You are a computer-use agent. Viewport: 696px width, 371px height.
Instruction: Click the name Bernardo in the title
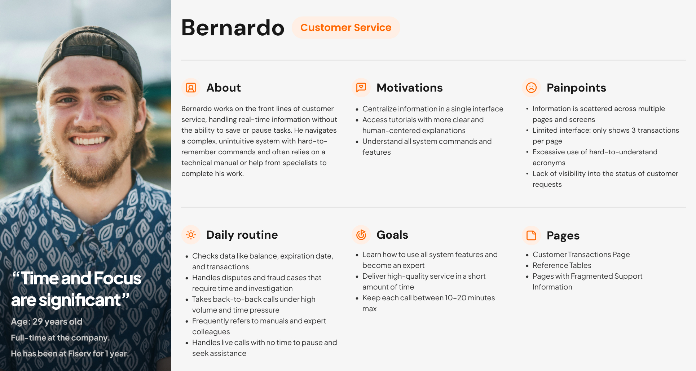(x=233, y=28)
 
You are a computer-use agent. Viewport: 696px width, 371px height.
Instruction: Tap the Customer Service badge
(x=346, y=27)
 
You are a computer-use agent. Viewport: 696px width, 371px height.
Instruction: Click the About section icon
(x=191, y=88)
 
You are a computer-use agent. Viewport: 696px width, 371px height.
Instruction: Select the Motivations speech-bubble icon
(x=361, y=88)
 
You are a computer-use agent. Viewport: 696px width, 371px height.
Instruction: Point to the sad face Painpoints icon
(x=531, y=88)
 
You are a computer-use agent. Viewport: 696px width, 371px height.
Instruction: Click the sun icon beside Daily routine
(x=191, y=235)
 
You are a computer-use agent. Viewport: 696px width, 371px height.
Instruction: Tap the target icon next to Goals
(x=361, y=235)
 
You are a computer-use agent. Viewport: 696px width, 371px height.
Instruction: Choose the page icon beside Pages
(x=531, y=235)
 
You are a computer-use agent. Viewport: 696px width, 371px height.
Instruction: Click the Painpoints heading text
(x=576, y=88)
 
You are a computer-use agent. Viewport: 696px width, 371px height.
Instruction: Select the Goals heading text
(x=392, y=235)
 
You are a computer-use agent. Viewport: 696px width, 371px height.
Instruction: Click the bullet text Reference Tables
(x=562, y=265)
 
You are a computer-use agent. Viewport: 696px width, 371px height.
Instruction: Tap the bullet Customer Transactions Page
(x=581, y=255)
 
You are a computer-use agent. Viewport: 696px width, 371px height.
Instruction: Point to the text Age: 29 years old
(x=47, y=322)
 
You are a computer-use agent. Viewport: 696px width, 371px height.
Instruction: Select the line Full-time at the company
(x=60, y=338)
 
